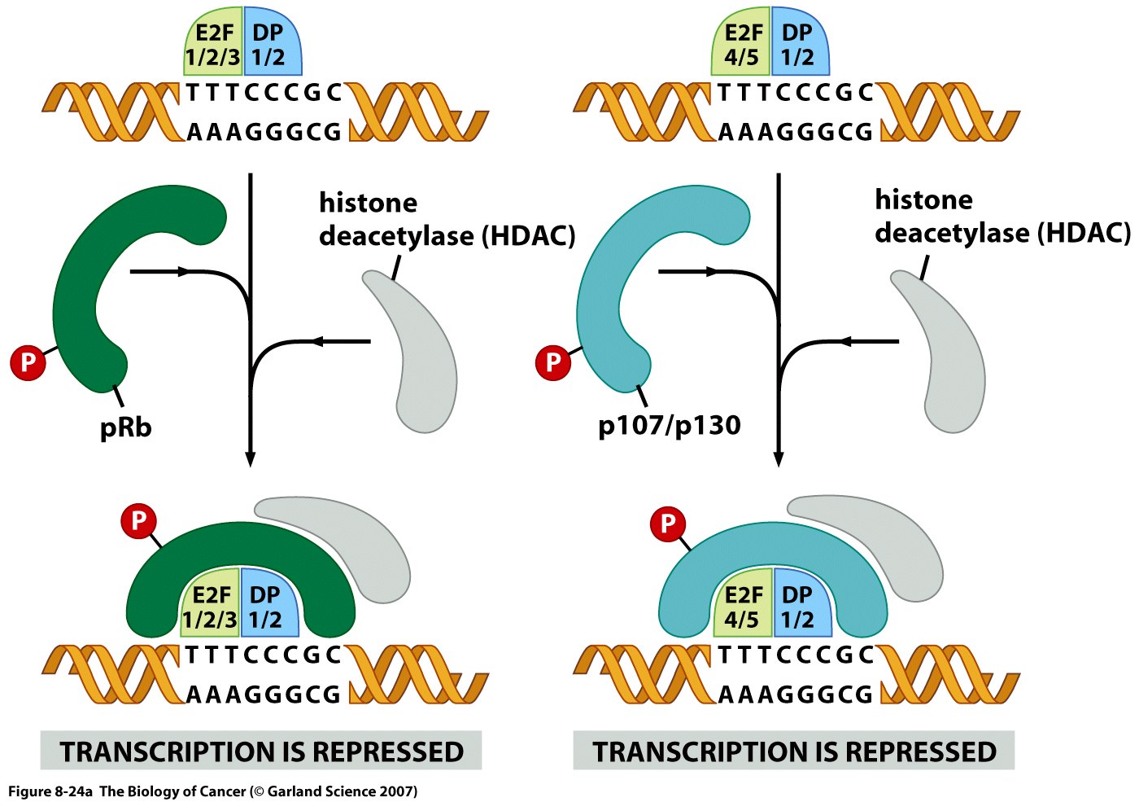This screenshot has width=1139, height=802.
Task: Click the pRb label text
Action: tap(125, 427)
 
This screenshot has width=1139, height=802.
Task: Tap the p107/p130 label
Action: tap(669, 425)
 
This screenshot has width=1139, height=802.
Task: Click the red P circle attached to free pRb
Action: tap(28, 362)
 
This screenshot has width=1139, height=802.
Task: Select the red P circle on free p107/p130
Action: tap(553, 362)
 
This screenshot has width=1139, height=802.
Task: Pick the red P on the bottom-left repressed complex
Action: tap(138, 521)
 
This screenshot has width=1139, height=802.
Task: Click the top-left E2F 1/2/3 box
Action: tap(212, 42)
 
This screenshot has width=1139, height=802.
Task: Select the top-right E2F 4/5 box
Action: tap(741, 42)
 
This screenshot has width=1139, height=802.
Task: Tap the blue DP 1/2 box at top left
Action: tap(273, 42)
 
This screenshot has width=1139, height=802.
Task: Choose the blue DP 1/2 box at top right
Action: tap(801, 42)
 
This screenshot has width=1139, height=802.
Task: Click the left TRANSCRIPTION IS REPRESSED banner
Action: tap(261, 751)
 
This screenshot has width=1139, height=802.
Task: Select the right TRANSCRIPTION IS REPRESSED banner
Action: tap(794, 751)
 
